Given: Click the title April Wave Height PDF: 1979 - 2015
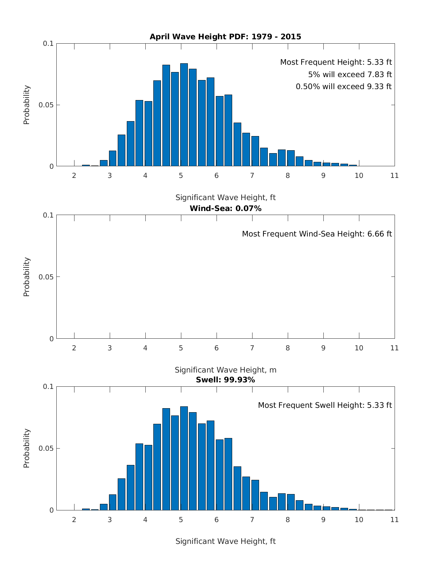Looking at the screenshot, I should tap(225, 37).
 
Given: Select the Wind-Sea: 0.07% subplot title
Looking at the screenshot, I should tap(225, 208).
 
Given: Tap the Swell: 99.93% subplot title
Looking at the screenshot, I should tap(225, 380).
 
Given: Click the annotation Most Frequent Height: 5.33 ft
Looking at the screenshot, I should tap(336, 62).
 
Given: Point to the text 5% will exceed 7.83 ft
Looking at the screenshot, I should tap(350, 75).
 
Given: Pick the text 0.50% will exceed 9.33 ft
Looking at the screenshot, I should tap(343, 87).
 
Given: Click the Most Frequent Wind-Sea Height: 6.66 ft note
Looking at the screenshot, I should tap(317, 234).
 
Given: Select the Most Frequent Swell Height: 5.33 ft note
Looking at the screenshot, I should tap(325, 405).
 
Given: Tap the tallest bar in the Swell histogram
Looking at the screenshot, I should tap(184, 458).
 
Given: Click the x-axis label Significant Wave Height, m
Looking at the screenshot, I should tap(225, 370).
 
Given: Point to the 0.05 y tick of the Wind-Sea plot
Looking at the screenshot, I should tap(46, 277).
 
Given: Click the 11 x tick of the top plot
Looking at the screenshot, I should tap(394, 176).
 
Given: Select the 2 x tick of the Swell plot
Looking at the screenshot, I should tap(74, 520).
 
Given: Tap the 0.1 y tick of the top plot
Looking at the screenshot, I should tap(48, 44).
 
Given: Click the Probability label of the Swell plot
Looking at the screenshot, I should tap(27, 448).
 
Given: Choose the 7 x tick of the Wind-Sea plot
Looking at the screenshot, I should tap(252, 348).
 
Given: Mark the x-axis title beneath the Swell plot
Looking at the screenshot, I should tap(225, 541).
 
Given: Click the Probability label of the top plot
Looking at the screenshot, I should tap(27, 105).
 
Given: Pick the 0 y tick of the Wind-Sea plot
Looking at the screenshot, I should tap(51, 339).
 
